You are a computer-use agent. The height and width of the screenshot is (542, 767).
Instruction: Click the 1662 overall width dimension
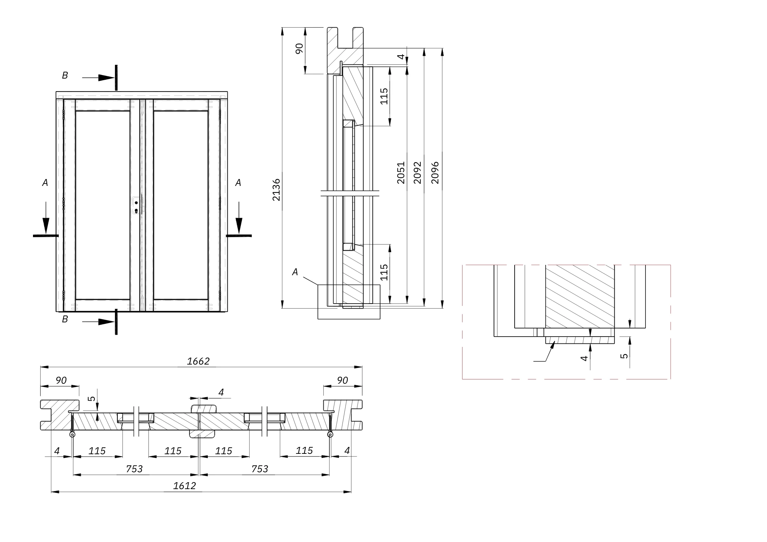tap(198, 361)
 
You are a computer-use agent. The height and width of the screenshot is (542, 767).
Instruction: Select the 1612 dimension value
tap(184, 486)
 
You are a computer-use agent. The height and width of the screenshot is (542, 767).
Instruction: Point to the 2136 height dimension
tap(276, 189)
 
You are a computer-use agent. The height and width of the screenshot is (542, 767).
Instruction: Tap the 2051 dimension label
tap(401, 172)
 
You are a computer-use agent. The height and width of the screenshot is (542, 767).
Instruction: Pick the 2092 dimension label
tap(418, 172)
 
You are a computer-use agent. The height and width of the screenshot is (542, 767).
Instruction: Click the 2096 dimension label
tap(435, 172)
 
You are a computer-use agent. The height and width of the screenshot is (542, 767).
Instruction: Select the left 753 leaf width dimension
tap(134, 469)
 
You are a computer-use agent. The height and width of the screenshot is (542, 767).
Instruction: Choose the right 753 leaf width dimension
tap(260, 469)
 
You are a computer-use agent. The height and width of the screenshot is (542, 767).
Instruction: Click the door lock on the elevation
tap(136, 205)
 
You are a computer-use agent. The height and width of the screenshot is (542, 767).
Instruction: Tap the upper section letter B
tap(65, 76)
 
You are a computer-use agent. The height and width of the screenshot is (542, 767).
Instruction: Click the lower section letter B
tap(65, 319)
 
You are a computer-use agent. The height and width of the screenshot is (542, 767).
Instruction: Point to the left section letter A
tap(45, 183)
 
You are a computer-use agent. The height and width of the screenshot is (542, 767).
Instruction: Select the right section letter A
tap(238, 183)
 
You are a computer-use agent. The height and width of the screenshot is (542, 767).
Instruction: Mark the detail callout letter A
tap(295, 272)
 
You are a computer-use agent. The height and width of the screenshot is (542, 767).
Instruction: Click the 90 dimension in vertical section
tap(300, 49)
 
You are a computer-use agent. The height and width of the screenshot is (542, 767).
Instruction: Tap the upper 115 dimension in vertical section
tap(384, 96)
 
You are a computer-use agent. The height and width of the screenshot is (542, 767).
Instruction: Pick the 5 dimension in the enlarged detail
tap(624, 355)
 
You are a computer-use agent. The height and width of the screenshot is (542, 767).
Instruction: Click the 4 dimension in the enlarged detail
tap(584, 358)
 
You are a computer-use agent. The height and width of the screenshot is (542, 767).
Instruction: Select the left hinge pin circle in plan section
tap(72, 434)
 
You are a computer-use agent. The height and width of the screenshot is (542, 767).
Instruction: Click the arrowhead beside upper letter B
tap(106, 78)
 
